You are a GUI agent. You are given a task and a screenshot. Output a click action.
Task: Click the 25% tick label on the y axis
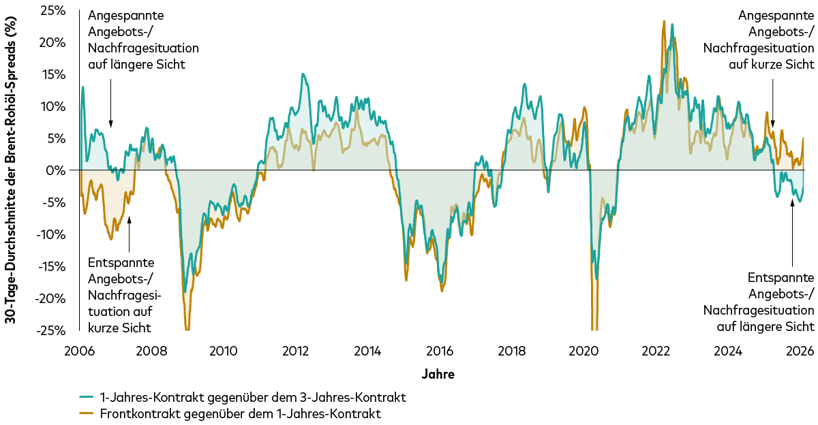point(54,11)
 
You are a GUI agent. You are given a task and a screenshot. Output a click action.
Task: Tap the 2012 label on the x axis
point(295,351)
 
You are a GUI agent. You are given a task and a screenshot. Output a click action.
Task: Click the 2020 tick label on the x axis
point(584,351)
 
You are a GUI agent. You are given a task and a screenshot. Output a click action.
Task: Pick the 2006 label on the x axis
point(79,351)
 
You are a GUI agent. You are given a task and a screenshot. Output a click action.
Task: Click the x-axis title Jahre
point(438,374)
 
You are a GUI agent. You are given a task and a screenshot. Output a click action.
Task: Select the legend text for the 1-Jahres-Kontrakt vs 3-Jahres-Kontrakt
point(253,397)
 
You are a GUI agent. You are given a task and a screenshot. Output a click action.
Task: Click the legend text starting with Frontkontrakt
point(240,413)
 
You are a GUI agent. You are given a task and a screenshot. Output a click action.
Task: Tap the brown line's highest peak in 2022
point(663,22)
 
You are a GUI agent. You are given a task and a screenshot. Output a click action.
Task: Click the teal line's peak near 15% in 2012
point(302,74)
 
